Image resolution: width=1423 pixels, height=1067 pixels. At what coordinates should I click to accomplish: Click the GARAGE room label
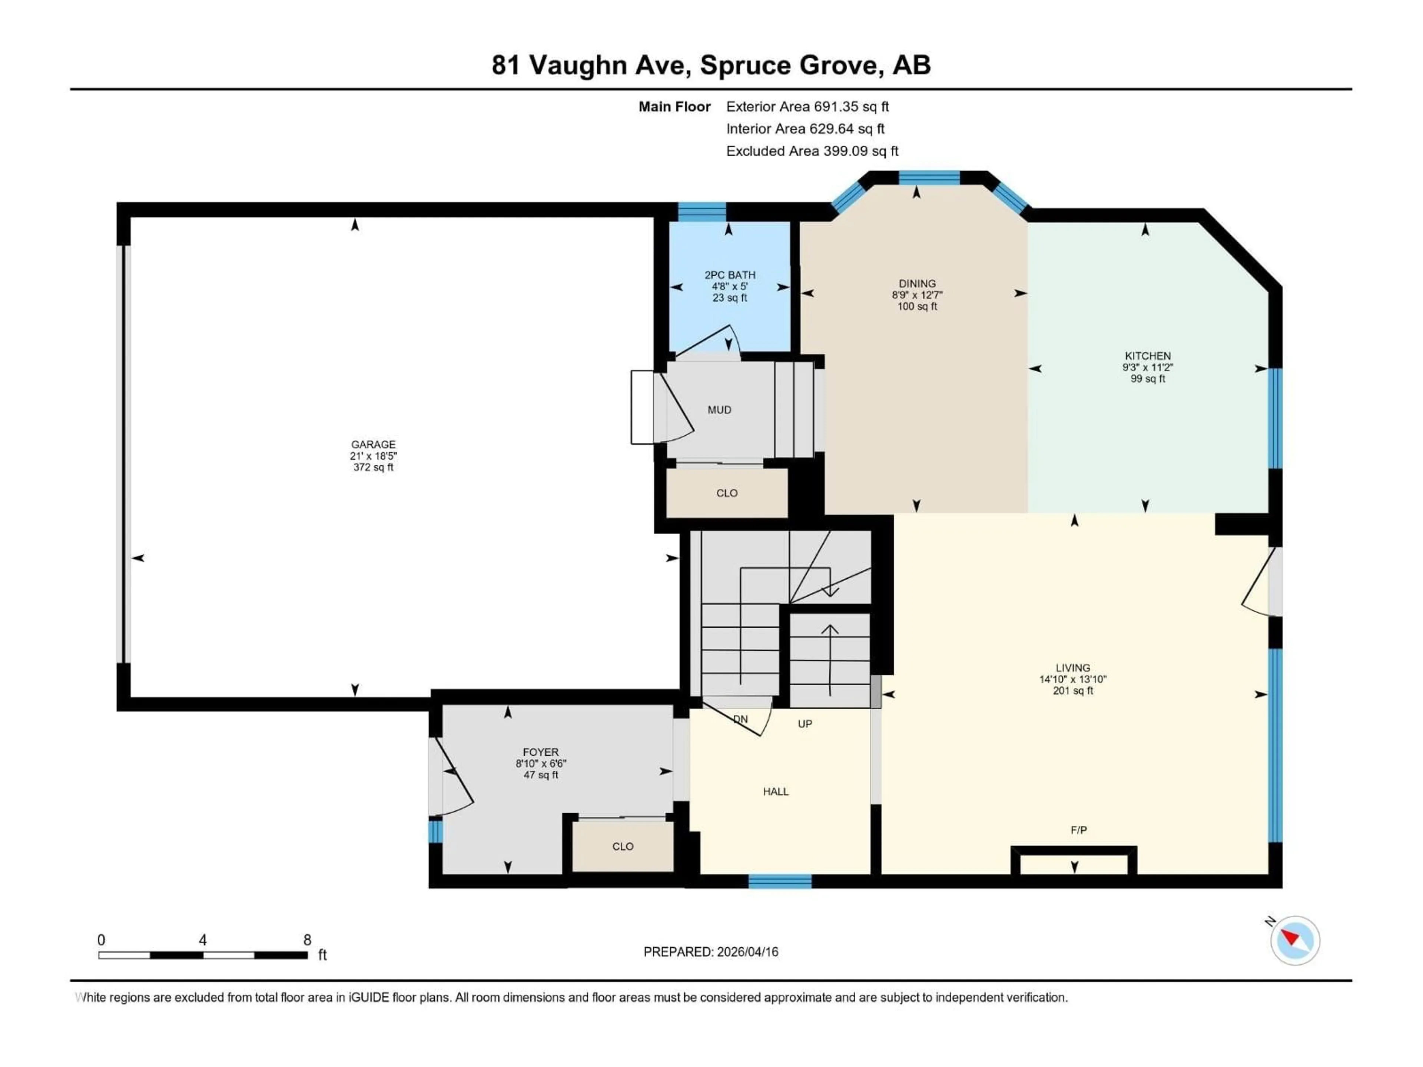(x=373, y=445)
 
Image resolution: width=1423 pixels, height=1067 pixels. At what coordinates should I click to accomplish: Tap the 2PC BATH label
(x=730, y=275)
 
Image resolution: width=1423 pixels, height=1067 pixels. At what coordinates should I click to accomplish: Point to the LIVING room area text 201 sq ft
(x=1072, y=691)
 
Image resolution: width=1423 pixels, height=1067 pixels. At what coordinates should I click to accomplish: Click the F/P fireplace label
(x=1078, y=830)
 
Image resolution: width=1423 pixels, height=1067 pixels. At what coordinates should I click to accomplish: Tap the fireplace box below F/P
(x=1074, y=864)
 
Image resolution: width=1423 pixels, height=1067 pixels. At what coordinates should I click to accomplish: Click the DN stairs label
(x=740, y=719)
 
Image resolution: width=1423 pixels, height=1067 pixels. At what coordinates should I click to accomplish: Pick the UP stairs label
(x=805, y=724)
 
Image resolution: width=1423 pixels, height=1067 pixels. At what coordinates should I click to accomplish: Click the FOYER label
(x=540, y=752)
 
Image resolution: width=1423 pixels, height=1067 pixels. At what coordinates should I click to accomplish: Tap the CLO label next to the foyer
(x=622, y=847)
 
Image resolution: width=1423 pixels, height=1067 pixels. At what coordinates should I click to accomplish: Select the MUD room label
(x=719, y=410)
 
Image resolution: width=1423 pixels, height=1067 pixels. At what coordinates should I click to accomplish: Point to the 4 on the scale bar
(x=203, y=940)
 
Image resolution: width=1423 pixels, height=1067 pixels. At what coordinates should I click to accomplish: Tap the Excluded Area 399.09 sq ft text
(x=812, y=151)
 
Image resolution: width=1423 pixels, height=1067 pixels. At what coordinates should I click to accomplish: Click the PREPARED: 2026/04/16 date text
(x=710, y=952)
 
